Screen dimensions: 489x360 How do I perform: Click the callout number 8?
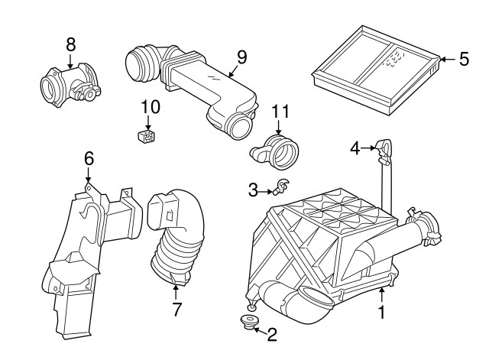[x=71, y=44]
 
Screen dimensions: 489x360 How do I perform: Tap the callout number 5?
[x=464, y=59]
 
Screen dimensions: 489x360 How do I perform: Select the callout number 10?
[x=151, y=107]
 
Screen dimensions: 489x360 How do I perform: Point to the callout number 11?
[x=280, y=112]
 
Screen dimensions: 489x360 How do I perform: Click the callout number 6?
[x=89, y=159]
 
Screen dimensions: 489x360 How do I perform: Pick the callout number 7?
[x=176, y=309]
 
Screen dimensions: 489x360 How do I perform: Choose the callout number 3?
[x=253, y=190]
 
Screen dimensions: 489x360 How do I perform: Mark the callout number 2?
[x=272, y=335]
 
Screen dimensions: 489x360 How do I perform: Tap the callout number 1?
[x=382, y=313]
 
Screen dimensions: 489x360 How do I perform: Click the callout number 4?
[x=355, y=148]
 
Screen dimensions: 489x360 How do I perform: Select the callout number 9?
[x=241, y=57]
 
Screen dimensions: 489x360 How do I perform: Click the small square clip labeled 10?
[x=147, y=137]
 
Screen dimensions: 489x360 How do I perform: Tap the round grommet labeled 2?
[x=249, y=323]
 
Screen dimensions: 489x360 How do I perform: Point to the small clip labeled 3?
[x=281, y=186]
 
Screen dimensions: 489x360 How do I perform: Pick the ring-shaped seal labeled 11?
[x=275, y=151]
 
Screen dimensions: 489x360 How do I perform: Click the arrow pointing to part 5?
[x=449, y=59]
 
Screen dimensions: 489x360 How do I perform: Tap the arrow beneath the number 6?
[x=89, y=174]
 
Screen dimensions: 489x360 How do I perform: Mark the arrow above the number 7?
[x=176, y=291]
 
